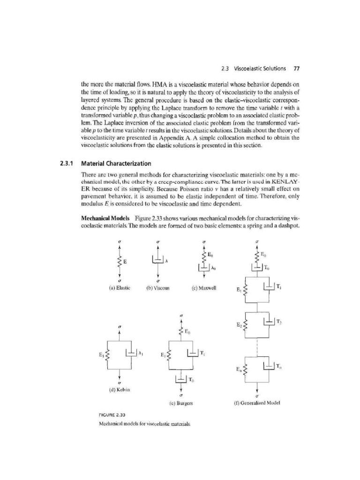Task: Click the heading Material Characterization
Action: tap(116, 164)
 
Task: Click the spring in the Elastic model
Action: tap(120, 261)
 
